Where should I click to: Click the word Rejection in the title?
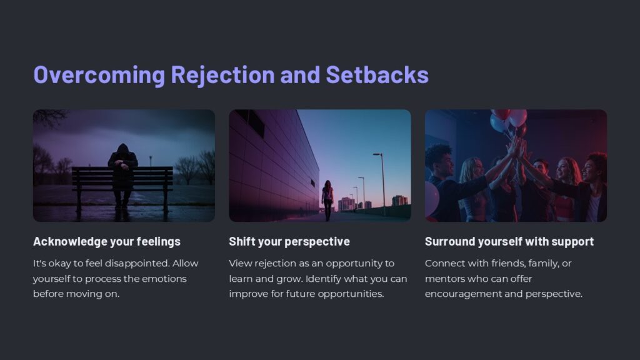(x=222, y=74)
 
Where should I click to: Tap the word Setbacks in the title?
(x=377, y=74)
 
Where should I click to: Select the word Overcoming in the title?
(x=99, y=74)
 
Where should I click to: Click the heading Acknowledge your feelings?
(x=106, y=241)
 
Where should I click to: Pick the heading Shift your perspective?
(x=289, y=241)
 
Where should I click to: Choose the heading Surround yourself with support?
(x=509, y=241)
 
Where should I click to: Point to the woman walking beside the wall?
(x=327, y=199)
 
